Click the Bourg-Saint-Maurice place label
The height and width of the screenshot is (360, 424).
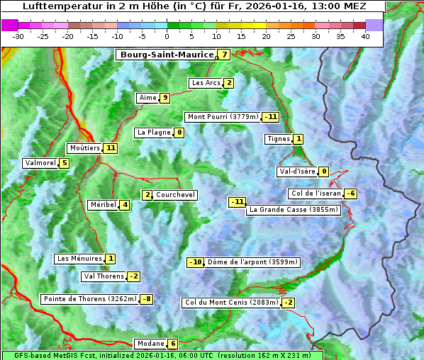(x=167, y=55)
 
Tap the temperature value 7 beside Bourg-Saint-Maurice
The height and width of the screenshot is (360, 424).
(x=224, y=55)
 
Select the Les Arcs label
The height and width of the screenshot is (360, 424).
(x=206, y=83)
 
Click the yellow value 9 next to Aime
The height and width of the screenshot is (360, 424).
(x=164, y=98)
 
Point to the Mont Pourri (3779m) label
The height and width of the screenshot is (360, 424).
(x=223, y=117)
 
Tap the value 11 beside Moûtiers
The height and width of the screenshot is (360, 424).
(x=110, y=148)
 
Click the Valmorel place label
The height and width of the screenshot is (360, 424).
(x=40, y=163)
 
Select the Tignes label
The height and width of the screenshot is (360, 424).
(x=279, y=139)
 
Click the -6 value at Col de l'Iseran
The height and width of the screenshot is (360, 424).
(x=350, y=193)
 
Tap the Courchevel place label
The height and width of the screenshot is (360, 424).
(x=176, y=195)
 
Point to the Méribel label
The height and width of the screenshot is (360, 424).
(x=103, y=205)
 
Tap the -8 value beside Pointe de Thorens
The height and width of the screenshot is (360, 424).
(x=146, y=299)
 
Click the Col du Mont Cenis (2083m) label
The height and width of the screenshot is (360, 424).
(x=231, y=303)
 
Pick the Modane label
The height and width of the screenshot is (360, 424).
(x=150, y=344)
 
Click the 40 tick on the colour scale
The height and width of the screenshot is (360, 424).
(x=365, y=36)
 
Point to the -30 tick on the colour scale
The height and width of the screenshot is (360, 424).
(x=18, y=36)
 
